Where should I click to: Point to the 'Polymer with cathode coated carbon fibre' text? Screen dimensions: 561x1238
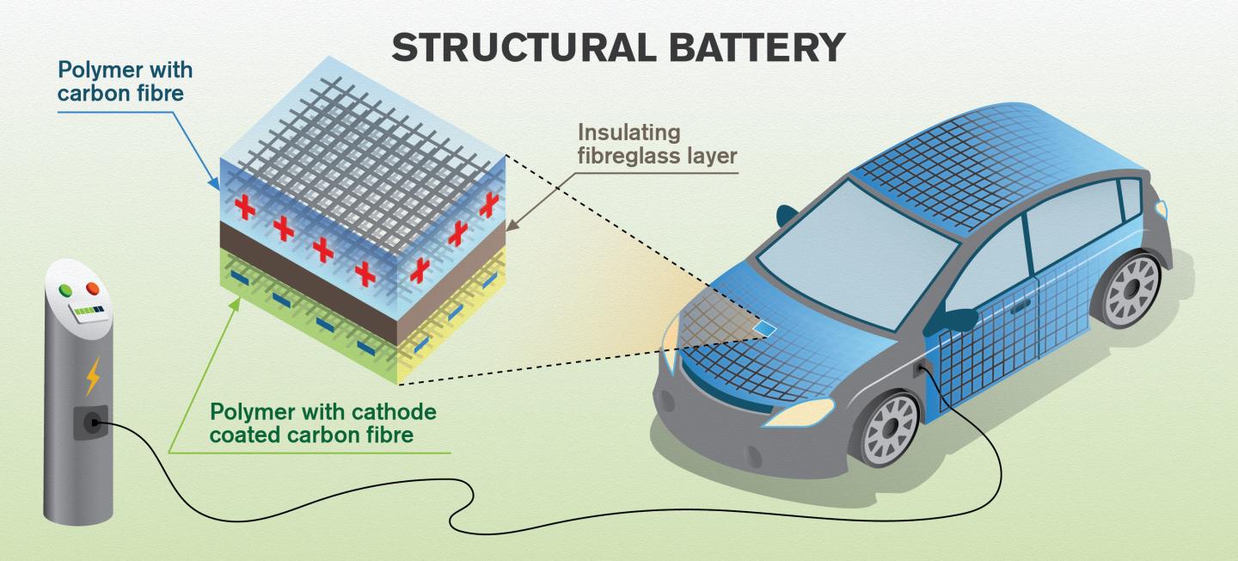coord(323,422)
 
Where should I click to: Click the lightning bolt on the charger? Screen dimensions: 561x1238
coord(92,375)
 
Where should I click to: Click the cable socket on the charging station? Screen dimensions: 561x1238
coord(90,422)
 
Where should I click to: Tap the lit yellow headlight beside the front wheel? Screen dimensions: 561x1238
coord(800,412)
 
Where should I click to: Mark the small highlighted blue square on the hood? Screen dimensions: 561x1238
coord(763,328)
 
